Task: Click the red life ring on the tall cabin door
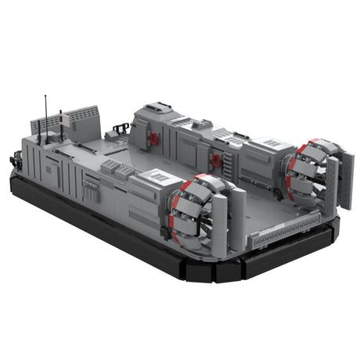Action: tap(154, 139)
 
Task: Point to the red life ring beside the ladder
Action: tap(216, 160)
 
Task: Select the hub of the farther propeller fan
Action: tap(307, 174)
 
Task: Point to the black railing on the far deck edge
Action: tap(121, 128)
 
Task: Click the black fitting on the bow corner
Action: tap(13, 162)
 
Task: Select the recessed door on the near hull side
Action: tap(52, 169)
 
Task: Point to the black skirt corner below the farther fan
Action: tap(333, 235)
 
